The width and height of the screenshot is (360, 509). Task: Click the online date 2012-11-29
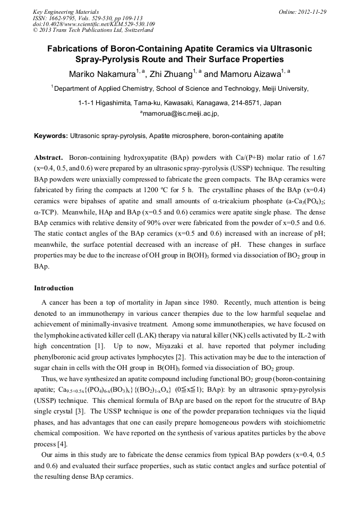tap(311, 12)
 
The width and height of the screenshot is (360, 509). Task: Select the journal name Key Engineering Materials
tap(65, 12)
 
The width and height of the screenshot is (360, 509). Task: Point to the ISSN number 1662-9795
tap(61, 18)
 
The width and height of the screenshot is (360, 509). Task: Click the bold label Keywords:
tap(51, 136)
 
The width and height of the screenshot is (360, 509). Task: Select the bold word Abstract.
tap(49, 158)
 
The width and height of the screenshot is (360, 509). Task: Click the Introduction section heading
tap(54, 288)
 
